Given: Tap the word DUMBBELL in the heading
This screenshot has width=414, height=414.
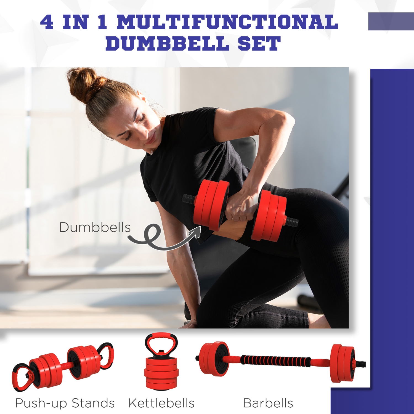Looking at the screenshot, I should [x=167, y=44].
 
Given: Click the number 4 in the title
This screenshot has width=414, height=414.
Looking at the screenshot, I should [x=47, y=22].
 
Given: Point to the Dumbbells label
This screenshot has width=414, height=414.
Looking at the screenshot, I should [x=95, y=227].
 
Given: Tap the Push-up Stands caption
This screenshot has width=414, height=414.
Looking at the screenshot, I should [x=65, y=403].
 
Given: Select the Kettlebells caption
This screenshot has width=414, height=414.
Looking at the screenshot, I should [x=161, y=403].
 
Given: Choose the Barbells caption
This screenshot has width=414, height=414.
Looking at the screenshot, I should [x=268, y=403].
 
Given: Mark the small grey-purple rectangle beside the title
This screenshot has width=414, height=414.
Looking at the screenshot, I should [x=391, y=21].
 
